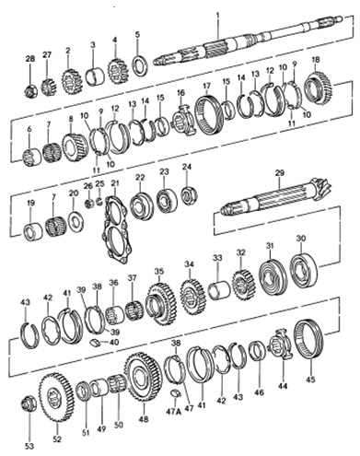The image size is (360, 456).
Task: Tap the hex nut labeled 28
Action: pos(30,90)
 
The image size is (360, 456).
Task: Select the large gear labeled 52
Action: pos(55,395)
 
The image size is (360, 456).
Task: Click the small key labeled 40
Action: pos(95,342)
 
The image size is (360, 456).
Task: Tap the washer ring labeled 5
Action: pos(140,64)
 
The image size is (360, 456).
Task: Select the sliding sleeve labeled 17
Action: pos(209,115)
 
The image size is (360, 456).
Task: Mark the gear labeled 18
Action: pos(318,86)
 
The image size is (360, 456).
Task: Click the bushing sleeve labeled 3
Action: pos(95,76)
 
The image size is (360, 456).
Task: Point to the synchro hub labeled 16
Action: pos(182,118)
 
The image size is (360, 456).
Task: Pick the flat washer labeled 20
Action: pos(75,221)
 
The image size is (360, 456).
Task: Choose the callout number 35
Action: pos(158,271)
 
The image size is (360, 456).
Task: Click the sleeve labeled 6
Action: pos(32,158)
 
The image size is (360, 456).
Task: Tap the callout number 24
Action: pos(187,167)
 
